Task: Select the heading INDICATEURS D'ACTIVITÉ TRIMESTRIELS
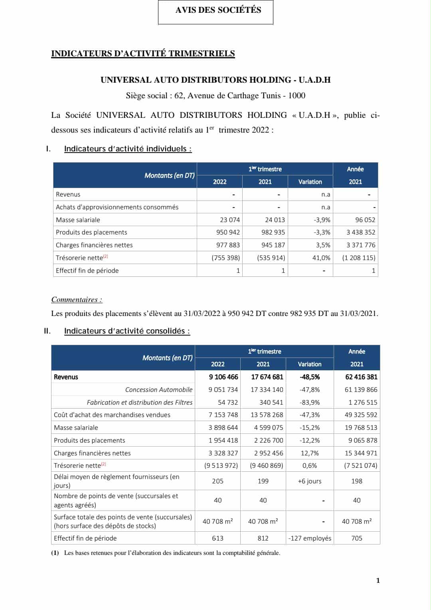(x=143, y=54)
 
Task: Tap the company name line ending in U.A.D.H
(x=215, y=80)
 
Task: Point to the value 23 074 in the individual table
(x=230, y=220)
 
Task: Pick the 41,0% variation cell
(x=321, y=258)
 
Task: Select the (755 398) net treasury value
(x=226, y=258)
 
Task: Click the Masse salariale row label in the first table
(x=78, y=220)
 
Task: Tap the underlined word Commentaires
(x=76, y=300)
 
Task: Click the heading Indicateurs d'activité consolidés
(x=127, y=331)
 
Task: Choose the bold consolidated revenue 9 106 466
(x=223, y=377)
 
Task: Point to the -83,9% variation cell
(x=310, y=402)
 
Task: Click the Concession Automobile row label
(x=158, y=389)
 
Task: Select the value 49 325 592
(x=361, y=415)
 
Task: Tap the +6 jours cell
(x=310, y=481)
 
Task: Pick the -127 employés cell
(x=310, y=538)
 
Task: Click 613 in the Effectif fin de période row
(x=217, y=538)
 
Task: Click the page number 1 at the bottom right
(x=378, y=580)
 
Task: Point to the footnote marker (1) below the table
(x=55, y=553)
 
